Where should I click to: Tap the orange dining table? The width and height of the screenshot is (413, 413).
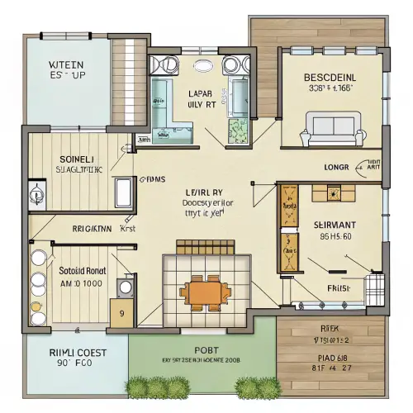(x=207, y=292)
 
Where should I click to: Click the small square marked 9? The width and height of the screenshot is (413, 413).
(x=122, y=313)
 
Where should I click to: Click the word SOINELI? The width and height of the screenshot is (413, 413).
(x=78, y=158)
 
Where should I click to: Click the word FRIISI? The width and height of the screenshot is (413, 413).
(x=339, y=288)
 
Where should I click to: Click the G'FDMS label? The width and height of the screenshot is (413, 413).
(x=153, y=178)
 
